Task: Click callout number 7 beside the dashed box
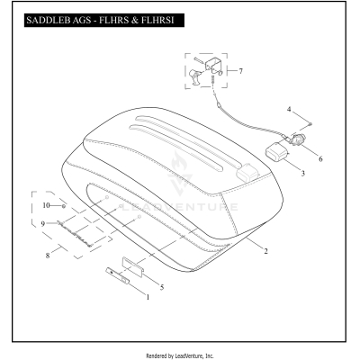coord(240,71)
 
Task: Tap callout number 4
coord(289,109)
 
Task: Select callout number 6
coord(320,158)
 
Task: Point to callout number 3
coord(303,173)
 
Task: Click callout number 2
coord(265,251)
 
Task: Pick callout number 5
coord(162,287)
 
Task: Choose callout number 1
coord(148,297)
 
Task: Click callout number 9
coord(43,224)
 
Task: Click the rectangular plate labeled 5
coord(133,265)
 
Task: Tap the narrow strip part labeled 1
coord(117,275)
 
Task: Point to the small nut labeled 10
coord(64,206)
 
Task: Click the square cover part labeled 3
coord(276,152)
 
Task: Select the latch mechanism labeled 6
coord(297,139)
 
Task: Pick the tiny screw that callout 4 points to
coord(310,123)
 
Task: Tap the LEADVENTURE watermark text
coord(180,207)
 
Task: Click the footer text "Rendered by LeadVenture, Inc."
coord(180,355)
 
